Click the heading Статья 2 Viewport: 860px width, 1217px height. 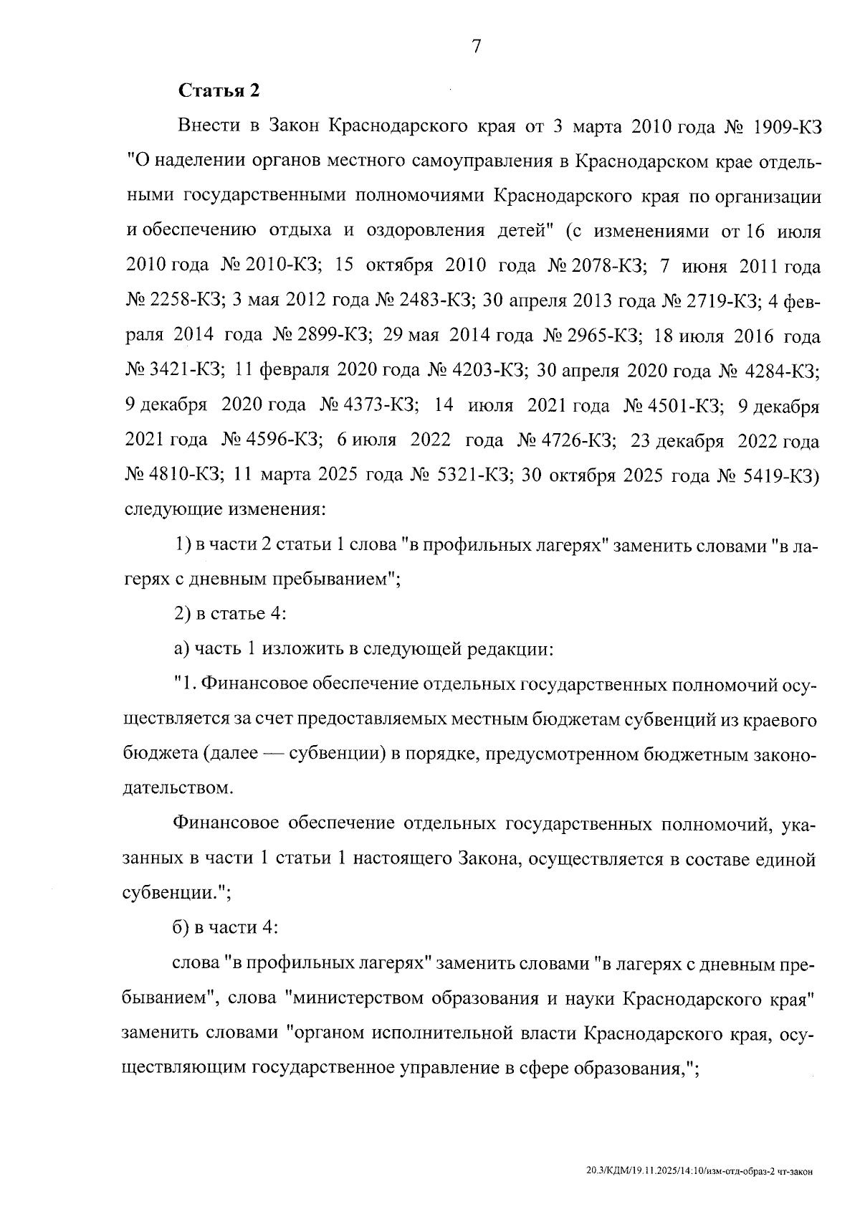219,91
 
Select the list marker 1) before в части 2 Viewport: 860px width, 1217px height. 182,545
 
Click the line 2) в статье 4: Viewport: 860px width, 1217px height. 231,615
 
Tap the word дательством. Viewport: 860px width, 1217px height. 179,789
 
